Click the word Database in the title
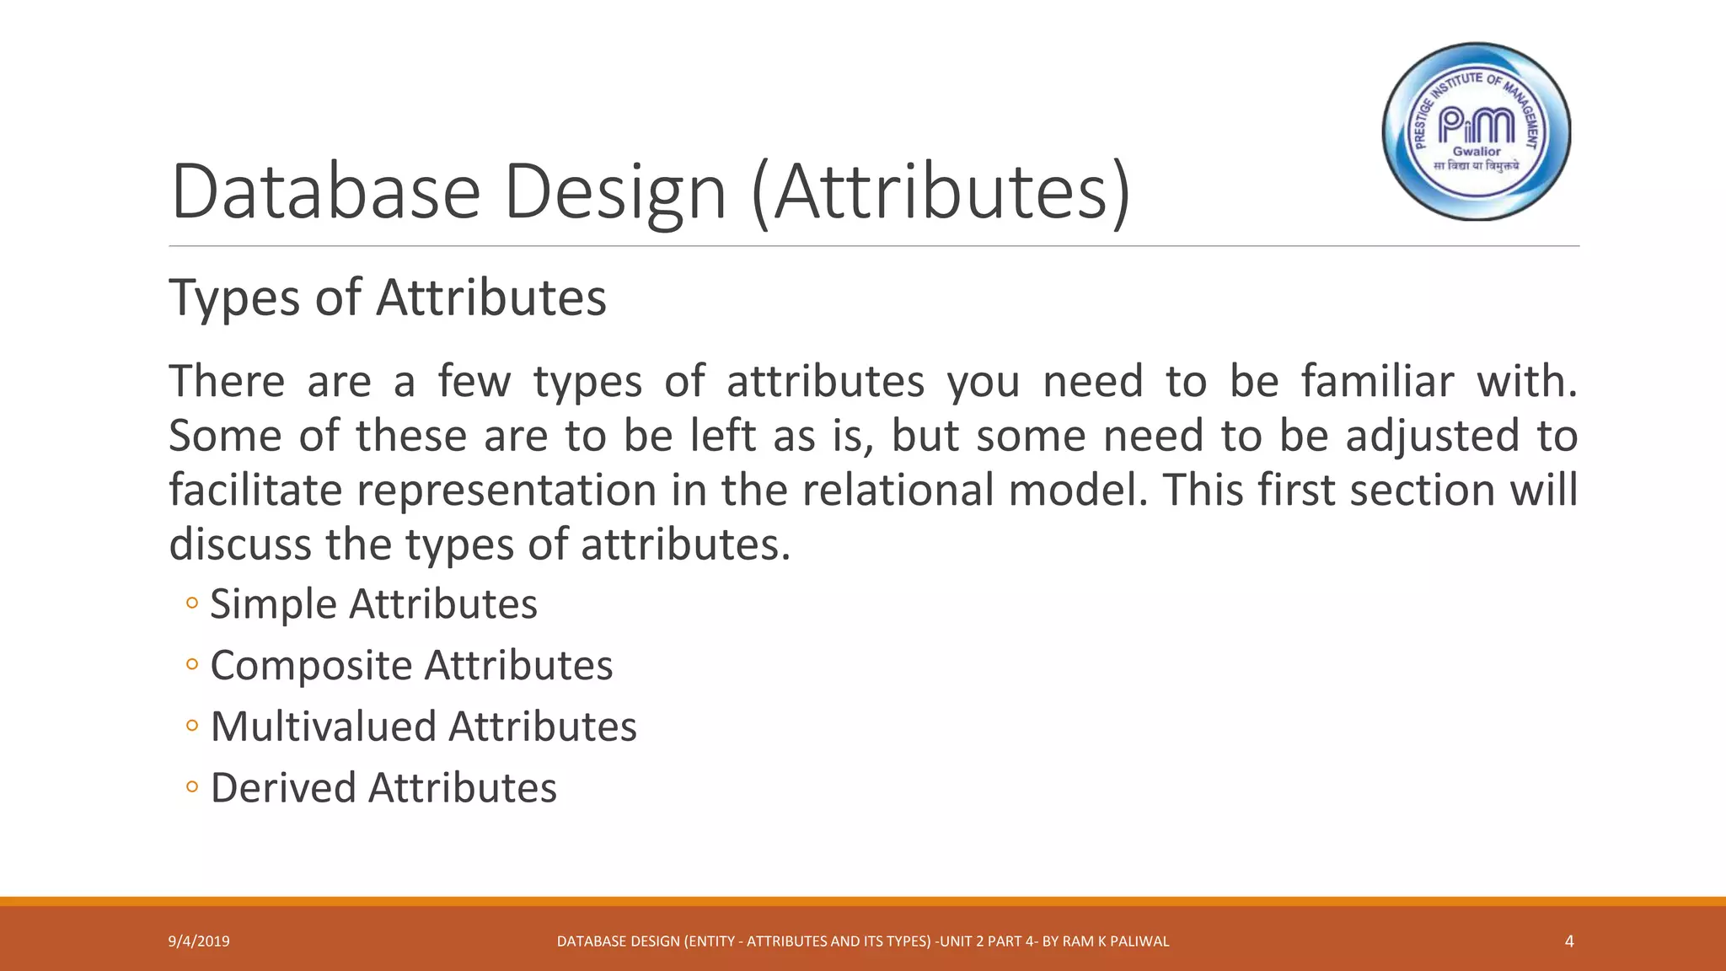[325, 191]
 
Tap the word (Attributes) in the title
[940, 192]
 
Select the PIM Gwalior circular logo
[1477, 132]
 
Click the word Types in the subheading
[235, 299]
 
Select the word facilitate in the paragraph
[255, 490]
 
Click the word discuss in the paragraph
[240, 544]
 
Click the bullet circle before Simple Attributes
[192, 604]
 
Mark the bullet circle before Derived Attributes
[192, 787]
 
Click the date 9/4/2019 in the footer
[199, 941]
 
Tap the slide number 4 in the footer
[1569, 941]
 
